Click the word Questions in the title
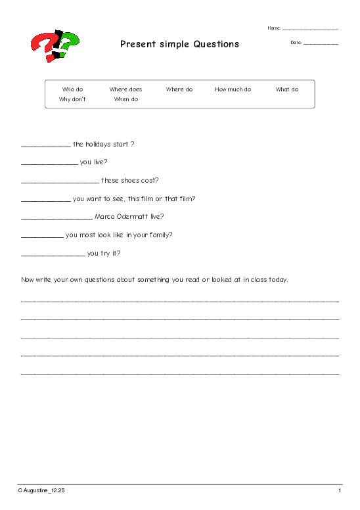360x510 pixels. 216,45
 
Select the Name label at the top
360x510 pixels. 274,28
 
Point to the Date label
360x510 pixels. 296,43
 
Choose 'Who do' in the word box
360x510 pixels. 72,89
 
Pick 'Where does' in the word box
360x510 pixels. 125,89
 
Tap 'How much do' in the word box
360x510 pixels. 233,89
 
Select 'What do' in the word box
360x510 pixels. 286,89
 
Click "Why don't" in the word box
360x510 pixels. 72,100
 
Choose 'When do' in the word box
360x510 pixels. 125,100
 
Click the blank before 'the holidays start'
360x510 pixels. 45,146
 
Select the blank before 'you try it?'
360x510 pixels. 53,255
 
